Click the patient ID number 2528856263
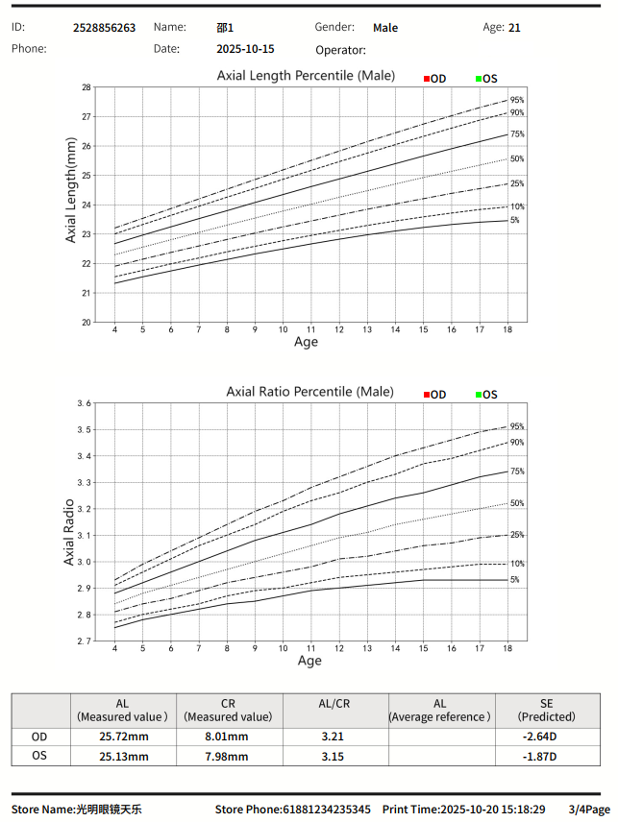[104, 28]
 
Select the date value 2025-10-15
[245, 49]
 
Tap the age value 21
[515, 28]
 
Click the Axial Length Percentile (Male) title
[306, 75]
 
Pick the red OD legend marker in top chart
[427, 78]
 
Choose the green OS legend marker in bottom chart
[479, 395]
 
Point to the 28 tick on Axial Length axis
[87, 87]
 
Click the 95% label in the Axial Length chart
[517, 100]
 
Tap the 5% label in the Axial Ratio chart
[515, 580]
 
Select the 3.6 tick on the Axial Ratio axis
[84, 404]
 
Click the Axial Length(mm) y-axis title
[71, 189]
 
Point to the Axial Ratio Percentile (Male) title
[309, 392]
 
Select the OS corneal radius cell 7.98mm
[228, 756]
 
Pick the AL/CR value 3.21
[334, 737]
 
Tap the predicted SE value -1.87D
[545, 756]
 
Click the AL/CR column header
[334, 703]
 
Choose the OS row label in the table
[39, 756]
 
